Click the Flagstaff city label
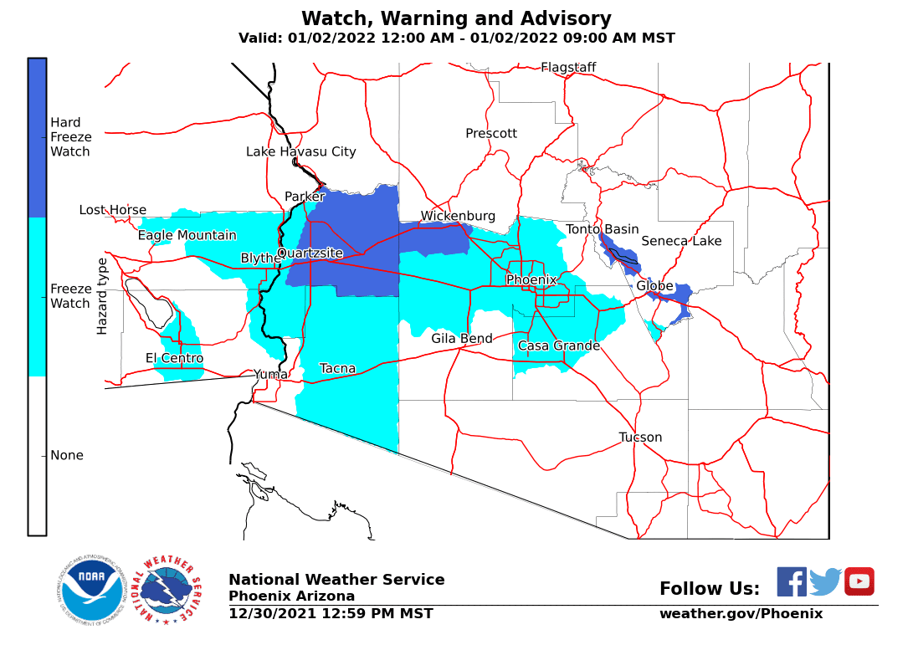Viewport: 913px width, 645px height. pos(568,67)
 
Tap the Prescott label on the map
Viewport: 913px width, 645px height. pos(491,133)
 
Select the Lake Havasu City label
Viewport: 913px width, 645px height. pos(300,151)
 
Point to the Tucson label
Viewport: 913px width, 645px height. pos(640,437)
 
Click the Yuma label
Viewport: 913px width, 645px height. pos(270,374)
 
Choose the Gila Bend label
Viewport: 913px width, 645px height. pos(461,339)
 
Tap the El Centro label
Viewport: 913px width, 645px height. pos(174,358)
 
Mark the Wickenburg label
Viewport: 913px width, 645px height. pos(458,216)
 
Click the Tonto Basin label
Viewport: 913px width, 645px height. pos(602,229)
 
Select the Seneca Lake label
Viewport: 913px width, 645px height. pos(681,241)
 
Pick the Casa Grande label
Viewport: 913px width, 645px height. pos(558,346)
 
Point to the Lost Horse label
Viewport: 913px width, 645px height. pos(113,210)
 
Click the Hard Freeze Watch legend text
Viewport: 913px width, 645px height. pos(71,137)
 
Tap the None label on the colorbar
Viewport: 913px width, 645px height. pos(67,455)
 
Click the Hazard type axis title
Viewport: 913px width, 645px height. pos(102,296)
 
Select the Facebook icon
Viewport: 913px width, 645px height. pos(791,581)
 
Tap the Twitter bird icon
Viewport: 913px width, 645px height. pos(825,581)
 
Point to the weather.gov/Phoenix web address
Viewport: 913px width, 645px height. pos(741,613)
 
